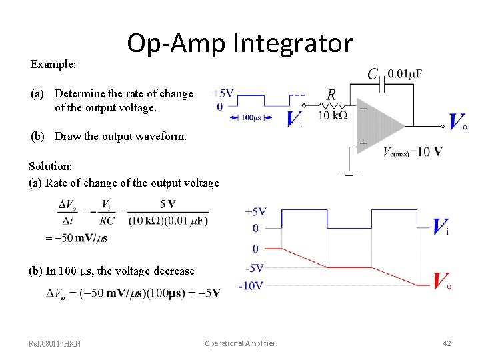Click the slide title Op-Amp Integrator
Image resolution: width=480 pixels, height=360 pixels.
(239, 43)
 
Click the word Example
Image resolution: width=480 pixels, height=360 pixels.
(53, 65)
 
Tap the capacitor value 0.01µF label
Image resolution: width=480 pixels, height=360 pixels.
(405, 73)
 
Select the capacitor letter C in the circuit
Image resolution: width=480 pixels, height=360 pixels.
(373, 73)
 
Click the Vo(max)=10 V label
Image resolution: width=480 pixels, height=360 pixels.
(412, 152)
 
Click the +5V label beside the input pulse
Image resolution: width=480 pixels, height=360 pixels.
(223, 93)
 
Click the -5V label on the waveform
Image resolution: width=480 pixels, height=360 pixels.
(255, 268)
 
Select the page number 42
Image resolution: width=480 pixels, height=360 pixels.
(447, 343)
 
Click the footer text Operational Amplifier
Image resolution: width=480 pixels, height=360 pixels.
(239, 343)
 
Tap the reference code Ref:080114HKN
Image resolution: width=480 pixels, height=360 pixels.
(55, 344)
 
